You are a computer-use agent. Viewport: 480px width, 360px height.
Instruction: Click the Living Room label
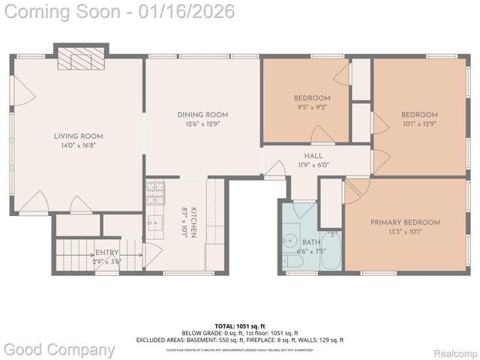click(x=78, y=136)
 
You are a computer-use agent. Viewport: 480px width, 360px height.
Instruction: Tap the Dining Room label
click(x=202, y=115)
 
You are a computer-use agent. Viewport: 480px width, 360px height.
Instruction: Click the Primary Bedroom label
click(x=405, y=222)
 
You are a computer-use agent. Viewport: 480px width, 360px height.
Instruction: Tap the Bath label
click(x=310, y=242)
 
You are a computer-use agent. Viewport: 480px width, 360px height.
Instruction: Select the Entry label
click(x=106, y=253)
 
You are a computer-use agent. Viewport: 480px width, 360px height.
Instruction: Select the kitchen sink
click(x=156, y=223)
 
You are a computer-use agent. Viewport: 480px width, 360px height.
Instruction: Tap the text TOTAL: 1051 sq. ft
click(x=239, y=325)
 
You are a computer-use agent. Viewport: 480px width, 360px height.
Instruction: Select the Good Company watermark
click(x=58, y=349)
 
